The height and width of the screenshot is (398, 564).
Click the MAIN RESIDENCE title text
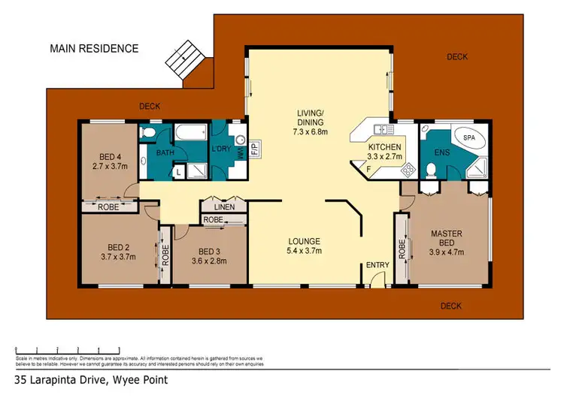tap(94, 49)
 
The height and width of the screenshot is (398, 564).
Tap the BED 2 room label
tap(117, 252)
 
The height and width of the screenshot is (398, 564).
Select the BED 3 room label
tap(211, 256)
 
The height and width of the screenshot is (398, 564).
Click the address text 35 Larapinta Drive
tap(94, 380)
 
